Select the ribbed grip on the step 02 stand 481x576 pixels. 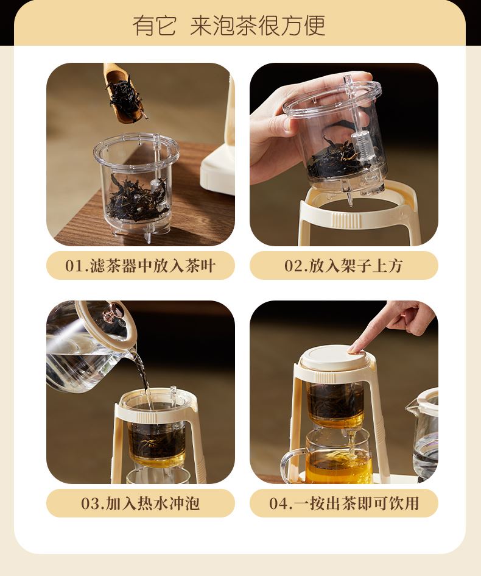pos(346,219)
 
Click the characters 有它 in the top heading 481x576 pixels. pos(154,26)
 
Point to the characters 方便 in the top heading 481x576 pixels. pos(303,26)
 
